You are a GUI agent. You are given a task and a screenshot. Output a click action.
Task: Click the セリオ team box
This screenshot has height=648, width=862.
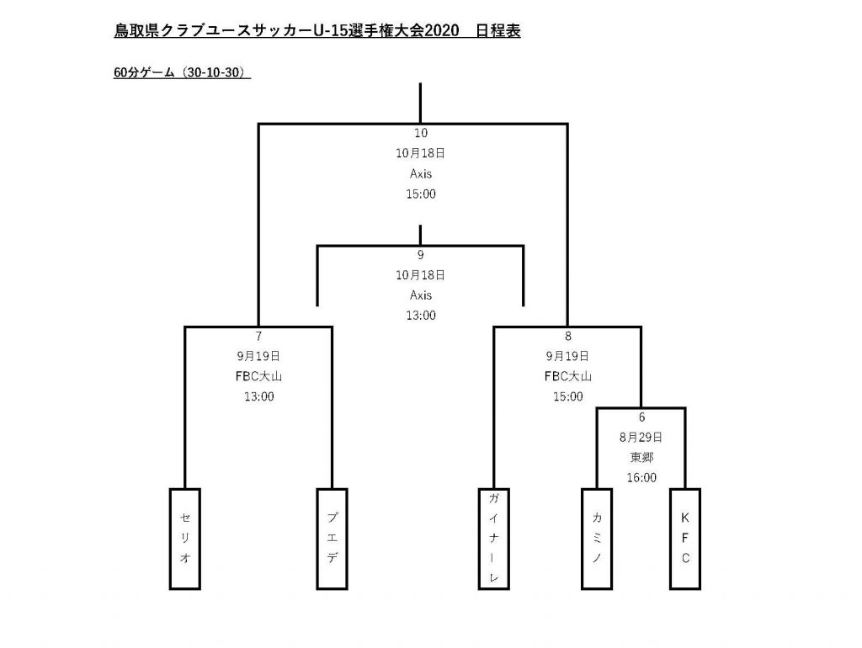[x=184, y=539]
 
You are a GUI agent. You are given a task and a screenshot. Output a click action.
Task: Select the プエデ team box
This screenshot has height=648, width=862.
[x=332, y=539]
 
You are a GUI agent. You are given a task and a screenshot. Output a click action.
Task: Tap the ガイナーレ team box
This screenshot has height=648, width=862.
[x=493, y=539]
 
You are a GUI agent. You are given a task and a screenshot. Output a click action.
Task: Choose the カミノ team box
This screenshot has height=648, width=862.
[x=597, y=539]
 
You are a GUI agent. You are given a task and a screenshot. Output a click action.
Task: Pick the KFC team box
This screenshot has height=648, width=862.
[x=685, y=539]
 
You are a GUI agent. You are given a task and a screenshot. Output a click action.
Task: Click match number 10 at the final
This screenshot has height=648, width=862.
[x=421, y=133]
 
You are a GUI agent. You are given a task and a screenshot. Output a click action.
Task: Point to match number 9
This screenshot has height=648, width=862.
[x=421, y=254]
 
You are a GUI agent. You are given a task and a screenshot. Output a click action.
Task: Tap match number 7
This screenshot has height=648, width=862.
[x=259, y=336]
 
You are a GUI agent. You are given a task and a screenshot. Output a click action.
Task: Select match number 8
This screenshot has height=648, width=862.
[x=568, y=336]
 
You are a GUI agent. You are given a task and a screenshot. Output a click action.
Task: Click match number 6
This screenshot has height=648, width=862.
[x=641, y=417]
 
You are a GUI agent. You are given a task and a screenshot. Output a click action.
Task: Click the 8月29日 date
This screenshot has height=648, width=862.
[x=641, y=438]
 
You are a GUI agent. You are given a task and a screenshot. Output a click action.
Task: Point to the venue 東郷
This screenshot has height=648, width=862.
[x=641, y=457]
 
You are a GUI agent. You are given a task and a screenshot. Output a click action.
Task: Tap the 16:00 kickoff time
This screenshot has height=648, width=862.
[x=641, y=478]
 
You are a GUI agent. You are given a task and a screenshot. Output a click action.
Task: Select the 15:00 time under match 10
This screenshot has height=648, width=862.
[x=421, y=194]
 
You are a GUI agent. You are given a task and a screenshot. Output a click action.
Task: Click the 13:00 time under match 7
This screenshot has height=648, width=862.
[x=259, y=397]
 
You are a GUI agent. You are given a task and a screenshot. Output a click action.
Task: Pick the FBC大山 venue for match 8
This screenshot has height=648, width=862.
[x=568, y=376]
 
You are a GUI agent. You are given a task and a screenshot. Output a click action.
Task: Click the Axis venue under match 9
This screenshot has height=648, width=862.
[x=421, y=295]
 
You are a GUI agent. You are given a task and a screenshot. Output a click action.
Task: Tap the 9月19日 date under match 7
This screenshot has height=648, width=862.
[x=258, y=356]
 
